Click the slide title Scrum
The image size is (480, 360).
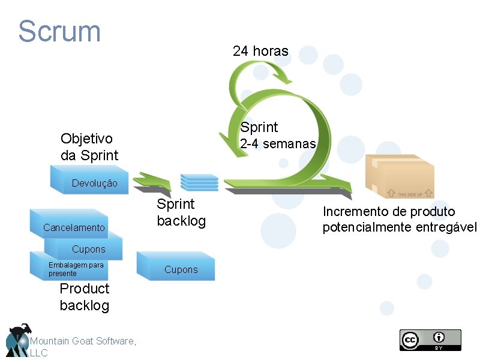[x=59, y=31]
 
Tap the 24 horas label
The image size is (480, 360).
[x=260, y=52]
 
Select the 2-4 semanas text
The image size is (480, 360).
[x=277, y=145]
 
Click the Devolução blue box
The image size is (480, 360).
[x=95, y=183]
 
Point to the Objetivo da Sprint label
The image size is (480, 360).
[x=89, y=147]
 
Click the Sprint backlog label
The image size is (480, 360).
[x=181, y=212]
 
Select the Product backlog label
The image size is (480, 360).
[x=85, y=297]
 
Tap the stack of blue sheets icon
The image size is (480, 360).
[x=199, y=181]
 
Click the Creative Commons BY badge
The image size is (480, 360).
[x=430, y=340]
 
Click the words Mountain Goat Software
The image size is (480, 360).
[x=83, y=341]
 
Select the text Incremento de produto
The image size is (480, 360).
[x=389, y=212]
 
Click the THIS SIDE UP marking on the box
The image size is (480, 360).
[x=410, y=194]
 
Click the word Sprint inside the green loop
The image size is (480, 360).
[x=259, y=127]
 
